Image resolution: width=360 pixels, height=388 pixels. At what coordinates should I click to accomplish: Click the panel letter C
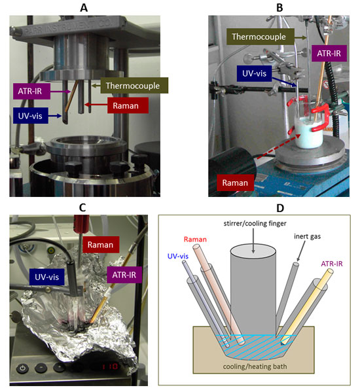(82, 207)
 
